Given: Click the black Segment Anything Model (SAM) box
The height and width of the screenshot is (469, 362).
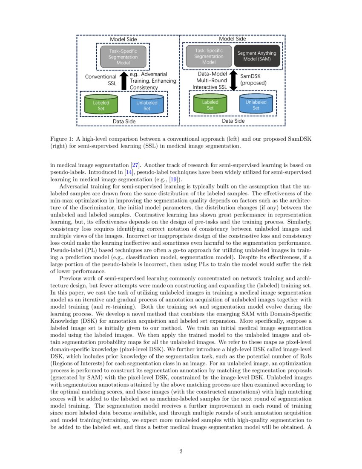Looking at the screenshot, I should coord(257,56).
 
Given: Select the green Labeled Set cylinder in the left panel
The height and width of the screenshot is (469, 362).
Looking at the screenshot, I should coord(101,105).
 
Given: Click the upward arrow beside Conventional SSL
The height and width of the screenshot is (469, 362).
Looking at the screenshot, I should coord(124,81).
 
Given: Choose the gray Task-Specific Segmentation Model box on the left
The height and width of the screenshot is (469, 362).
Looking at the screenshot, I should coord(123,56).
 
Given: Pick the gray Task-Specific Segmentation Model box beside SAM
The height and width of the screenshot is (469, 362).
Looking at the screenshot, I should coord(209,56).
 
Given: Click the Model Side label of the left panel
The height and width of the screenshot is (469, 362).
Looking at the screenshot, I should coord(123,39).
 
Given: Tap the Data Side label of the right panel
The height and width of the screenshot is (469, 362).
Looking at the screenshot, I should coord(233,121).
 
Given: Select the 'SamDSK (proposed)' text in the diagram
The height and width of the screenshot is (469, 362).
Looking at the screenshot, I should coord(253,79).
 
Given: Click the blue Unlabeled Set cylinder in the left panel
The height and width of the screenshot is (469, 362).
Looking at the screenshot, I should coord(147,105).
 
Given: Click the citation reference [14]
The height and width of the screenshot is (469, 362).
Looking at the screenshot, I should coord(129,172).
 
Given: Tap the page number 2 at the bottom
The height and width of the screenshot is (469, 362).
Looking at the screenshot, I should coord(181,452).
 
